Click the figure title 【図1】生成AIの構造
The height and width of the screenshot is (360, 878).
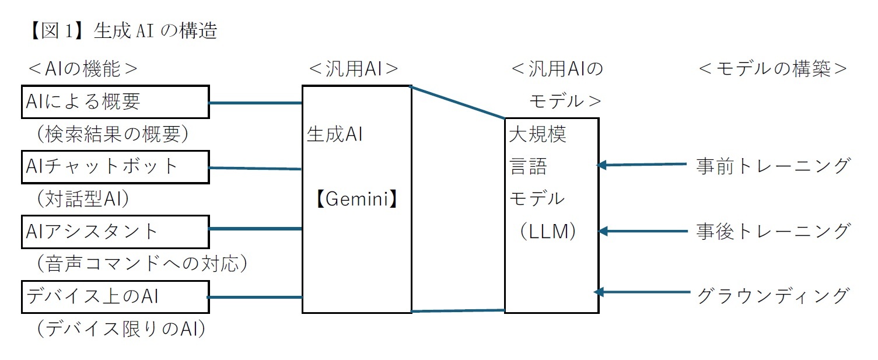coord(122,31)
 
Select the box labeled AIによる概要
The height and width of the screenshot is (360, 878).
coord(114,102)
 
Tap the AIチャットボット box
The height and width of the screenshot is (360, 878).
coord(114,166)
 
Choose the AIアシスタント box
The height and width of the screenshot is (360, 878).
coord(114,231)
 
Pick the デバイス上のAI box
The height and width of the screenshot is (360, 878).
coord(114,296)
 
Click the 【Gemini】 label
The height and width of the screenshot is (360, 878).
coord(356,200)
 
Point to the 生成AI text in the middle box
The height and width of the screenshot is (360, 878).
coord(335,135)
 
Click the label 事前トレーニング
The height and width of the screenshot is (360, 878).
coord(772,166)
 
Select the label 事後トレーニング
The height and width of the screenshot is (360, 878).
coord(772,231)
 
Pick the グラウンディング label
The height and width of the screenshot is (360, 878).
coord(772,295)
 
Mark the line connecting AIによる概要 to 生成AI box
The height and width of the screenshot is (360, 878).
coord(255,103)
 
